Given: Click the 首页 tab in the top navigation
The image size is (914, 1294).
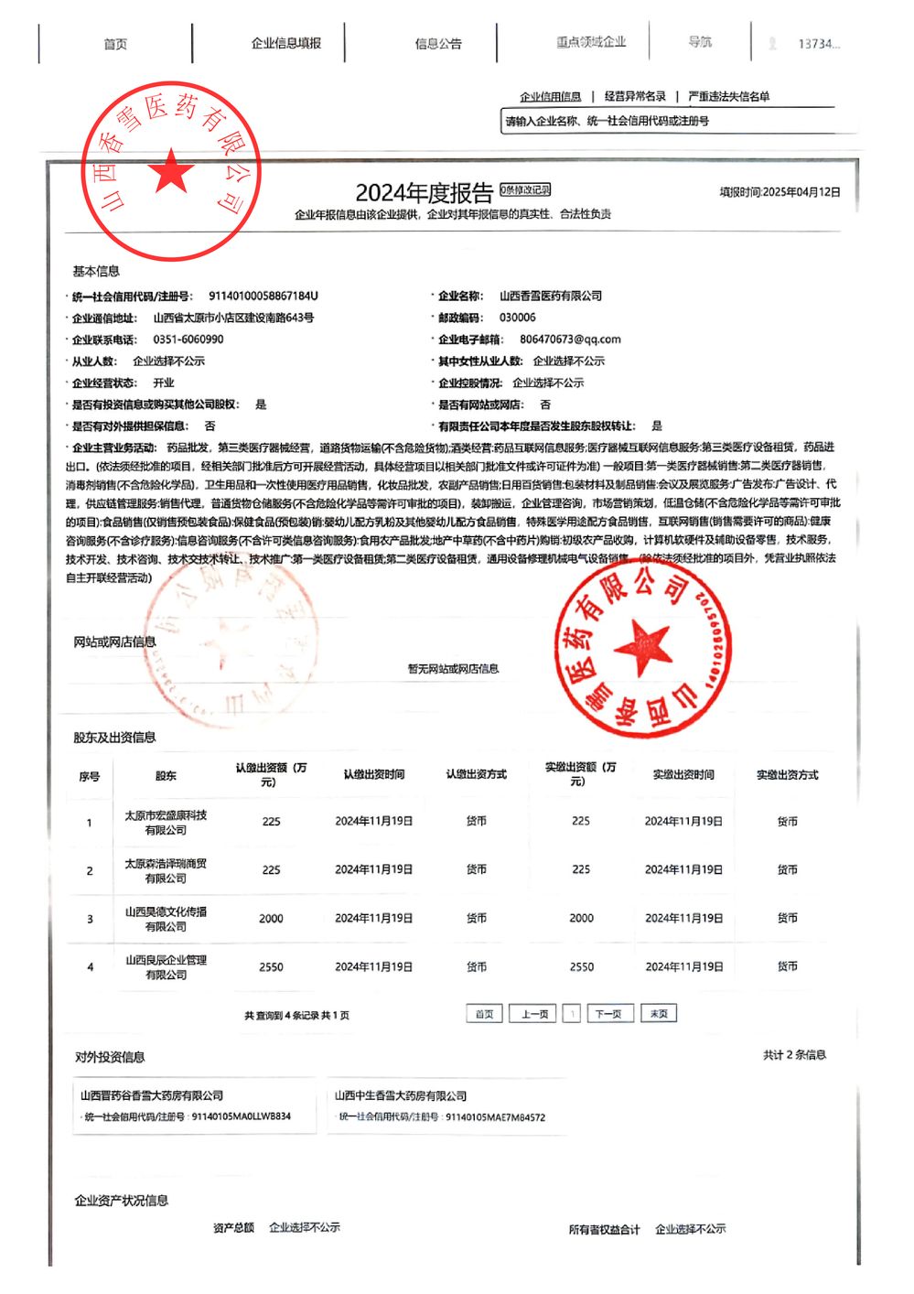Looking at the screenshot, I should pyautogui.click(x=115, y=44).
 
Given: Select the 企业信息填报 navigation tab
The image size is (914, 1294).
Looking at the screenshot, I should pyautogui.click(x=286, y=43).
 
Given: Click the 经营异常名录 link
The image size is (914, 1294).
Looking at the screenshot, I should pyautogui.click(x=635, y=96).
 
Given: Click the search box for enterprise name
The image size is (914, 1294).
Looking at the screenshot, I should pyautogui.click(x=677, y=121).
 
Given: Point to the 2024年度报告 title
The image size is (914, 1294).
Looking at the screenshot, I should pyautogui.click(x=424, y=193).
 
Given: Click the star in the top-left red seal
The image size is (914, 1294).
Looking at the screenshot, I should pyautogui.click(x=171, y=172).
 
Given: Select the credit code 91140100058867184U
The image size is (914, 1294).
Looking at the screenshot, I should pyautogui.click(x=263, y=296).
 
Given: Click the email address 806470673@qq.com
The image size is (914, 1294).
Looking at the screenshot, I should pyautogui.click(x=570, y=339).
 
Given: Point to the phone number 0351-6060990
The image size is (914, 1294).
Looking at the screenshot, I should pyautogui.click(x=188, y=339).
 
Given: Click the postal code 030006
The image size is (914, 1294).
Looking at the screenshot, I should pyautogui.click(x=518, y=318).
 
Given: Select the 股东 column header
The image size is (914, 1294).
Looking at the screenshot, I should pyautogui.click(x=166, y=776).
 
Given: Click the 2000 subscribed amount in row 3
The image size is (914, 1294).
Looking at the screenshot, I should pyautogui.click(x=271, y=918).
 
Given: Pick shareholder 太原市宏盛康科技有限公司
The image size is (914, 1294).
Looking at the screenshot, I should pyautogui.click(x=166, y=822).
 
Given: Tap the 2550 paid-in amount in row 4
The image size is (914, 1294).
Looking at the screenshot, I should pyautogui.click(x=582, y=966).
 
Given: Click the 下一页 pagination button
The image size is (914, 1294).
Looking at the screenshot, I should pyautogui.click(x=608, y=1014).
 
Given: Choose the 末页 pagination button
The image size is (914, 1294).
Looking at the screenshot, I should pyautogui.click(x=659, y=1014).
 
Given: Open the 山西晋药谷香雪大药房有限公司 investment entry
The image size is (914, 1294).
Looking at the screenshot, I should pyautogui.click(x=152, y=1095).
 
